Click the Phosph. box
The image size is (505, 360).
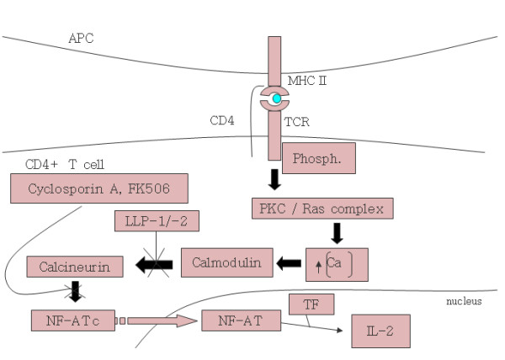(319, 157)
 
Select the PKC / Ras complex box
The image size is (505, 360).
(322, 208)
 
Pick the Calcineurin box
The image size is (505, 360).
(76, 267)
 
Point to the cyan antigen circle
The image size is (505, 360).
(276, 98)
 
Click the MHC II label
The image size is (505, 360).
(305, 79)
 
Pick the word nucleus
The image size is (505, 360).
(463, 301)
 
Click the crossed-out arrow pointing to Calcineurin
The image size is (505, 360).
(156, 266)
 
